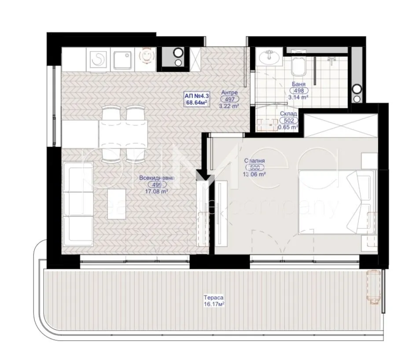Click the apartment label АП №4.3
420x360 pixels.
pyautogui.click(x=196, y=94)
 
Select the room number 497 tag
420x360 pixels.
pyautogui.click(x=229, y=99)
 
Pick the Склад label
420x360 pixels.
pyautogui.click(x=288, y=114)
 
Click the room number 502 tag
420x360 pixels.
pyautogui.click(x=289, y=120)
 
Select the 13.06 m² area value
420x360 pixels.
pyautogui.click(x=255, y=174)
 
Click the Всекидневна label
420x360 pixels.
pyautogui.click(x=156, y=178)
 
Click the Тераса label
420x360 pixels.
pyautogui.click(x=212, y=297)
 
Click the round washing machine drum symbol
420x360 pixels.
pyautogui.click(x=99, y=59)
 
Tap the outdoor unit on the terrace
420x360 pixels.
pyautogui.click(x=373, y=287)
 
